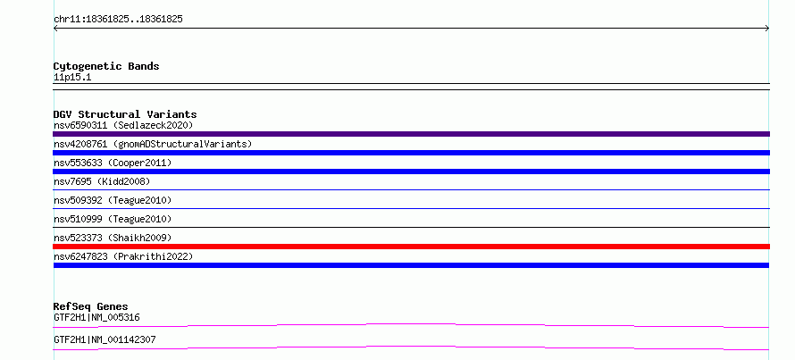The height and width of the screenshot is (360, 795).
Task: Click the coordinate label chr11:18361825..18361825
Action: pyautogui.click(x=118, y=20)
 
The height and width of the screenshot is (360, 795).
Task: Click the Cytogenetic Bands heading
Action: pyautogui.click(x=106, y=66)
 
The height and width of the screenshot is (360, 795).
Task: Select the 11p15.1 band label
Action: pyautogui.click(x=72, y=78)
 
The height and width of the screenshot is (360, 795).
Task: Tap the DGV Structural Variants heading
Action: pyautogui.click(x=125, y=114)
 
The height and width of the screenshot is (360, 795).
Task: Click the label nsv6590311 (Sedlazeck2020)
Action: pyautogui.click(x=123, y=125)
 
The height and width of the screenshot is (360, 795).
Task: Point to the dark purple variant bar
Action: pyautogui.click(x=411, y=134)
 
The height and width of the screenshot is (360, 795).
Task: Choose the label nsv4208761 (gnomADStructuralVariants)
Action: pyautogui.click(x=153, y=144)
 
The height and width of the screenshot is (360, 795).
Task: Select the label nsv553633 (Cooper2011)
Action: pyautogui.click(x=113, y=163)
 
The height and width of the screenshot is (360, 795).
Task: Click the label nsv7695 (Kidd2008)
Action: pyautogui.click(x=102, y=181)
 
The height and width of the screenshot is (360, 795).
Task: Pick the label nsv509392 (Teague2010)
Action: pyautogui.click(x=113, y=200)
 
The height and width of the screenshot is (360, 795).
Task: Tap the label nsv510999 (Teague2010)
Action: pyautogui.click(x=113, y=219)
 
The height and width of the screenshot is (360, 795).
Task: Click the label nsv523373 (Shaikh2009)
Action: pyautogui.click(x=113, y=238)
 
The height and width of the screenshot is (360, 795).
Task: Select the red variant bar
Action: pyautogui.click(x=411, y=247)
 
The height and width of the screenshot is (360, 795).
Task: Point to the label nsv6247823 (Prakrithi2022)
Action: pyautogui.click(x=123, y=256)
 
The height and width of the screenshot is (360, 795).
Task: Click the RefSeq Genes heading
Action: pyautogui.click(x=90, y=306)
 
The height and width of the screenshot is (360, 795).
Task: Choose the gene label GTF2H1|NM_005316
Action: pyautogui.click(x=96, y=318)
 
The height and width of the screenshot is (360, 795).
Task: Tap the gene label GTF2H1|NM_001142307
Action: pyautogui.click(x=105, y=339)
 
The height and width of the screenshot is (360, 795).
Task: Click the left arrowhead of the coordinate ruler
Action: pyautogui.click(x=54, y=29)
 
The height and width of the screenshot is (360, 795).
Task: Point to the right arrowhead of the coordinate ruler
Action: pyautogui.click(x=768, y=29)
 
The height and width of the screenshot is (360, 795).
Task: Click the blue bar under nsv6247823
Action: pyautogui.click(x=411, y=265)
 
